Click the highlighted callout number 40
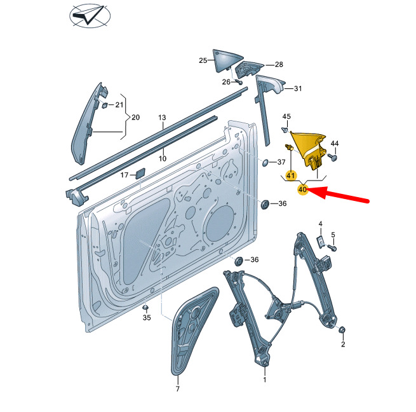point(302,189)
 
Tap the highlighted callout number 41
point(291,175)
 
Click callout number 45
point(286,116)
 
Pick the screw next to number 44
point(332,156)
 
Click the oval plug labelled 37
point(266,162)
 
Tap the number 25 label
point(203,60)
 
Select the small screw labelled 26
point(239,83)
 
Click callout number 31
point(298,88)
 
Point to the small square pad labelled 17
point(140,173)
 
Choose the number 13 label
point(162,118)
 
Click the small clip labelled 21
point(105,105)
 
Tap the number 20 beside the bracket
point(135,117)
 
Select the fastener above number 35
point(145,307)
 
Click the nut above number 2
point(342,329)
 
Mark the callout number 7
point(177,388)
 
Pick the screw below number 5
point(332,247)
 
